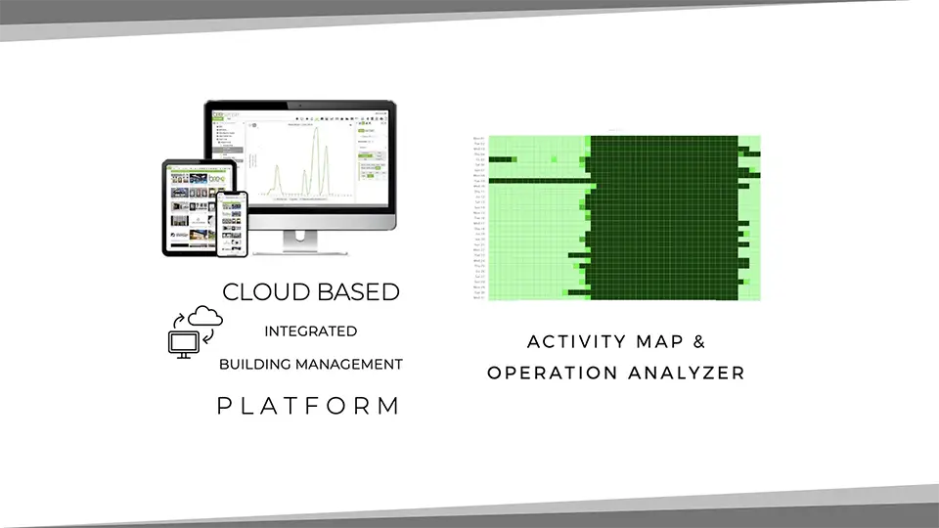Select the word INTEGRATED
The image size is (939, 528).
coord(311,331)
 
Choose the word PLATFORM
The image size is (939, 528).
coord(308,406)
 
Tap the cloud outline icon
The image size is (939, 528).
coord(205,315)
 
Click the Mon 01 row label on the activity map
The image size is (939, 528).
coord(479,139)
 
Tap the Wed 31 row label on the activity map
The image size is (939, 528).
coord(479,297)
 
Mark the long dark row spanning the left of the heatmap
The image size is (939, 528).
coord(538,181)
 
